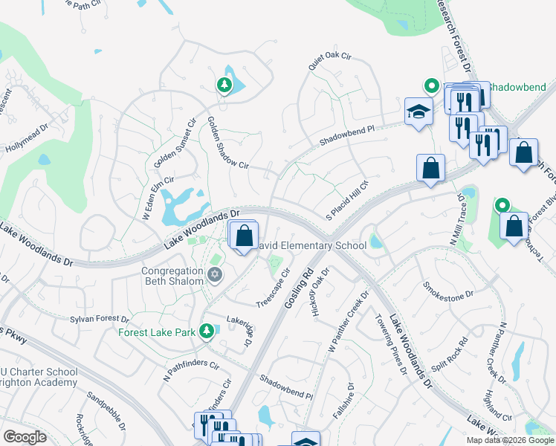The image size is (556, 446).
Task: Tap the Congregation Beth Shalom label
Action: click(x=172, y=276)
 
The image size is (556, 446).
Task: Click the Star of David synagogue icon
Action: click(x=216, y=276)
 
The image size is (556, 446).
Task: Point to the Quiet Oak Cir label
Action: click(x=329, y=57)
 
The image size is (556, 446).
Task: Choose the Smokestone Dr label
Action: click(x=447, y=291)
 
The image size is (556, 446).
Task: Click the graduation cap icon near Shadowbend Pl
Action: click(x=418, y=111)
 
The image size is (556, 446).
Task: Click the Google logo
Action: click(x=25, y=437)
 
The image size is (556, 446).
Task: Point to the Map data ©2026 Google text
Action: click(x=509, y=440)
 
